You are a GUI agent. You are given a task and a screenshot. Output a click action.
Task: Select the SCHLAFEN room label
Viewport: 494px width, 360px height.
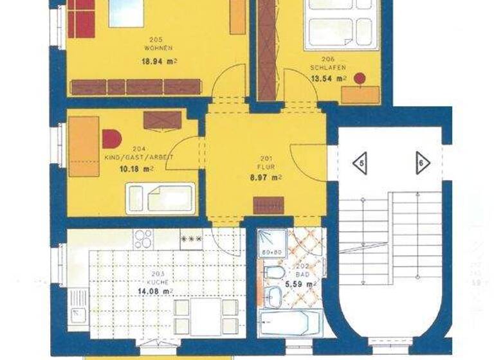pyautogui.click(x=328, y=67)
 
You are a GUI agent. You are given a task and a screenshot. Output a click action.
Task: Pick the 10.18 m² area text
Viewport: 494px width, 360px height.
pyautogui.click(x=136, y=170)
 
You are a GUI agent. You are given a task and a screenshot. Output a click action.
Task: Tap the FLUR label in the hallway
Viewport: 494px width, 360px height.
pyautogui.click(x=265, y=166)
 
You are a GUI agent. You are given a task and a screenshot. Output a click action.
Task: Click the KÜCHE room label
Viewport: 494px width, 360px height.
pyautogui.click(x=156, y=282)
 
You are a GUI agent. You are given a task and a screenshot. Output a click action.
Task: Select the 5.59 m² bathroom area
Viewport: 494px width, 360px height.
pyautogui.click(x=301, y=283)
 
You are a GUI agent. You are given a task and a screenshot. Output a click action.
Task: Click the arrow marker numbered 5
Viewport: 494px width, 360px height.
pyautogui.click(x=360, y=163)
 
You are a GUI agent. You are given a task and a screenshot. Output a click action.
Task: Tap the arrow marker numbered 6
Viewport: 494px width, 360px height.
pyautogui.click(x=422, y=163)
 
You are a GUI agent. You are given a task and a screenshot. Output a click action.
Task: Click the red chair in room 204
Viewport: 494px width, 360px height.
pyautogui.click(x=111, y=139)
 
